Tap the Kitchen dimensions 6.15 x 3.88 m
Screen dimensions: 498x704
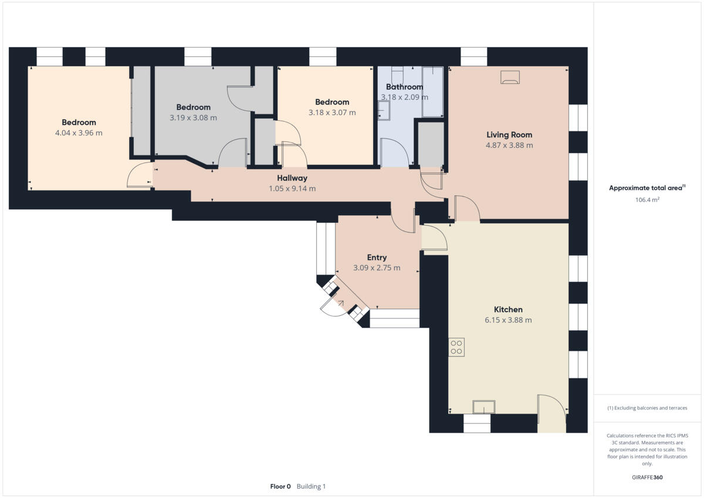(508, 320)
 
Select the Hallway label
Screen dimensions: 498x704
(292, 178)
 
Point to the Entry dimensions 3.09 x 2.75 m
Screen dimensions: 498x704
(377, 268)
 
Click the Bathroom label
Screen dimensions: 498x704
(404, 87)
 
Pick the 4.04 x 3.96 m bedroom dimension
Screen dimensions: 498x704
(79, 133)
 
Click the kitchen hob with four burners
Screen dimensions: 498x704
(456, 347)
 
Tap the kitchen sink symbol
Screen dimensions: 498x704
(484, 406)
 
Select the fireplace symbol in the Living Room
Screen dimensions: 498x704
(510, 77)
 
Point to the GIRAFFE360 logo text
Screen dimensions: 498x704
(648, 477)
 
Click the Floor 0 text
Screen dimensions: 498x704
(280, 486)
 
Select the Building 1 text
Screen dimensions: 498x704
(311, 486)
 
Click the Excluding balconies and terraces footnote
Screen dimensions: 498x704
(647, 408)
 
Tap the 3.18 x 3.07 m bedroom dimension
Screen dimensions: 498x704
(332, 113)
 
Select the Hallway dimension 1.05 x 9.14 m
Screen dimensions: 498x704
(292, 189)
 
